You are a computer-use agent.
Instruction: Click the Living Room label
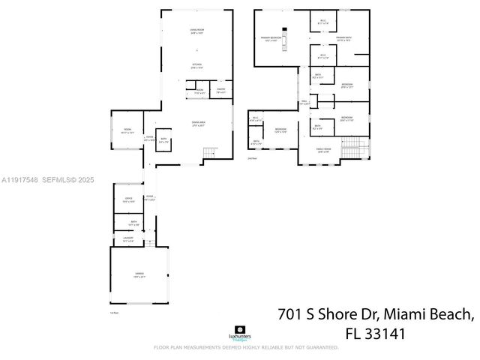point(197,31)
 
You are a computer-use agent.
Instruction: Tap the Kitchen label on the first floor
point(197,66)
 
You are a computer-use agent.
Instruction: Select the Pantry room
point(221,91)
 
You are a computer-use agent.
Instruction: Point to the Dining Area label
point(198,124)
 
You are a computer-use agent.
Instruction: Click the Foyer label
point(149,138)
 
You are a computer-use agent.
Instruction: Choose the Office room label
point(129,199)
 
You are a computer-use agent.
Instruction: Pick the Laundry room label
point(128,239)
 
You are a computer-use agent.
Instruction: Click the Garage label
point(138,275)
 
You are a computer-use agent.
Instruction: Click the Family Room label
point(322,151)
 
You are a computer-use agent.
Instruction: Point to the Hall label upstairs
point(304,102)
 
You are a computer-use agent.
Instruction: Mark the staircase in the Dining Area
point(209,154)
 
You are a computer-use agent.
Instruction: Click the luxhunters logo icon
point(239,329)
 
